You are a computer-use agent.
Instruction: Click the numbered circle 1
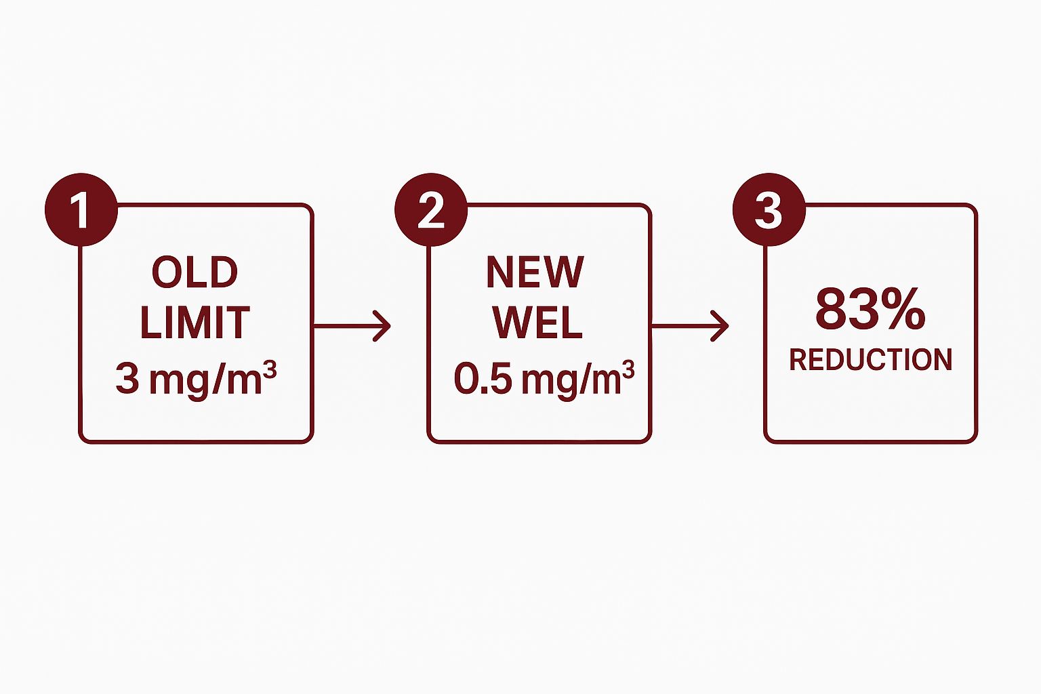[81, 210]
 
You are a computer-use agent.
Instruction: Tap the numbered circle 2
[431, 210]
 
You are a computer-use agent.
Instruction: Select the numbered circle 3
[769, 210]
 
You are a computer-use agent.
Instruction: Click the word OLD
[195, 273]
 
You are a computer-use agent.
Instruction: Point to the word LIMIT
[195, 323]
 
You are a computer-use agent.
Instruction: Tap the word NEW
[535, 273]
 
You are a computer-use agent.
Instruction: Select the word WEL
[537, 323]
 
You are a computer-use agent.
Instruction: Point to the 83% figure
[870, 308]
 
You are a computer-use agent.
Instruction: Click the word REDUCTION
[871, 360]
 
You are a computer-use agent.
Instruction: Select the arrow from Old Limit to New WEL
[352, 326]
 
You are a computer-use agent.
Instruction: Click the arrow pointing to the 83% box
[690, 326]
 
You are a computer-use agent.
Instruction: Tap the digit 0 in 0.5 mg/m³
[465, 379]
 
